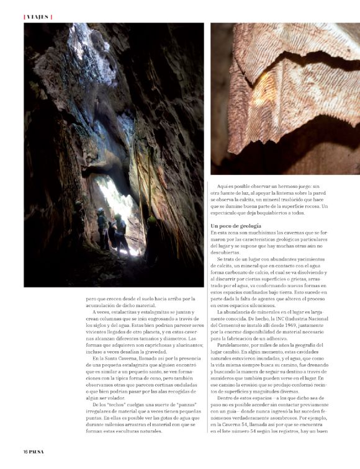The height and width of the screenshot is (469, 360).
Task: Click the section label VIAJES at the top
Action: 37,17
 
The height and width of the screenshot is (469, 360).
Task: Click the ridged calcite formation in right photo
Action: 292,93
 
